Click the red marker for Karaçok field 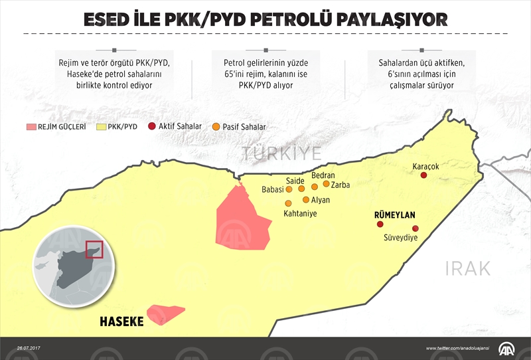pos(423,175)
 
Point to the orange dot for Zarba pos(326,184)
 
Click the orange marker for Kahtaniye pos(288,203)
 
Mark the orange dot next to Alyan pos(305,199)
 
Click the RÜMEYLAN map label pos(394,215)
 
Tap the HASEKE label pos(121,321)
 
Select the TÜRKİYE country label pos(281,154)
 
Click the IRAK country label pos(467,268)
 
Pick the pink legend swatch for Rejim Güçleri pos(30,126)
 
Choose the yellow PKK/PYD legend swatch pos(101,126)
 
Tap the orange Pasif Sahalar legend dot pos(216,126)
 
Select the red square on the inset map pos(94,250)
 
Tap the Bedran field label pos(323,175)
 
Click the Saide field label pos(295,180)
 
